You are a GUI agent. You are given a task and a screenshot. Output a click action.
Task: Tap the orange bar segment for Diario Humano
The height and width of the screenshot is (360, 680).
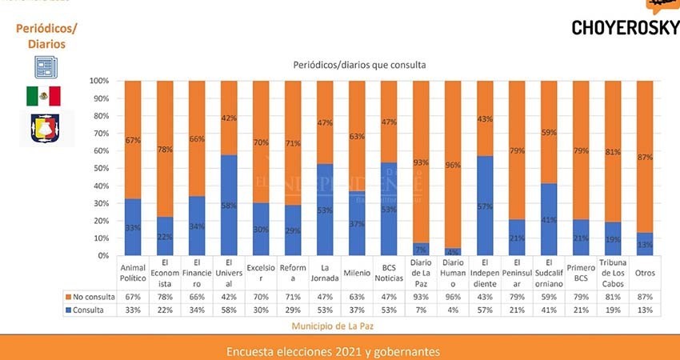(x=453, y=164)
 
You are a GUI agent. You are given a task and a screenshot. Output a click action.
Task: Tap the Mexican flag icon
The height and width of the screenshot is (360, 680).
(x=43, y=96)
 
